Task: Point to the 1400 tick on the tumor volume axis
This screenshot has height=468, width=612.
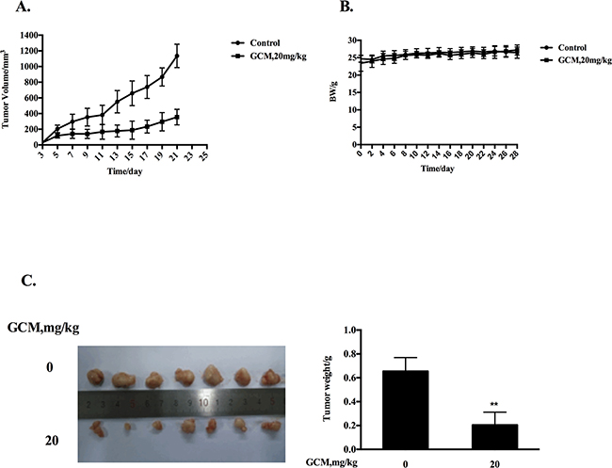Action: tap(28, 36)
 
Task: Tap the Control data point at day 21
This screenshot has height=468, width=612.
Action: tap(176, 56)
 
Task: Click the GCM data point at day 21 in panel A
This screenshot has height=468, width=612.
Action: tap(176, 117)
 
